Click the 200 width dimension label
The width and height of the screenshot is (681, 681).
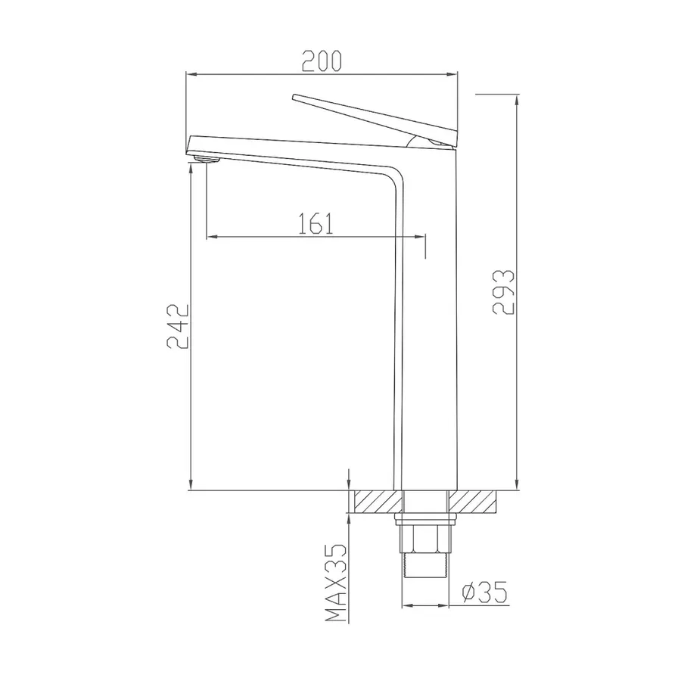(x=322, y=61)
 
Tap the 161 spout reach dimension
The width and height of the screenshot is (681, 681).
(x=316, y=223)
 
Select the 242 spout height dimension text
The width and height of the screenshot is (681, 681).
(x=178, y=327)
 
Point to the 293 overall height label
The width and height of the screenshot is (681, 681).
(x=503, y=292)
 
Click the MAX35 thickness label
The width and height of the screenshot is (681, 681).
(x=336, y=583)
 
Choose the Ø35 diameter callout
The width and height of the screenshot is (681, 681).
(x=484, y=592)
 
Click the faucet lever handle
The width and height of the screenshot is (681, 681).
(x=375, y=120)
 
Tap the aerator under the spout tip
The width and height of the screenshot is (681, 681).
(x=207, y=159)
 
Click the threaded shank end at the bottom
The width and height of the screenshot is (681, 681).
(x=425, y=565)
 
